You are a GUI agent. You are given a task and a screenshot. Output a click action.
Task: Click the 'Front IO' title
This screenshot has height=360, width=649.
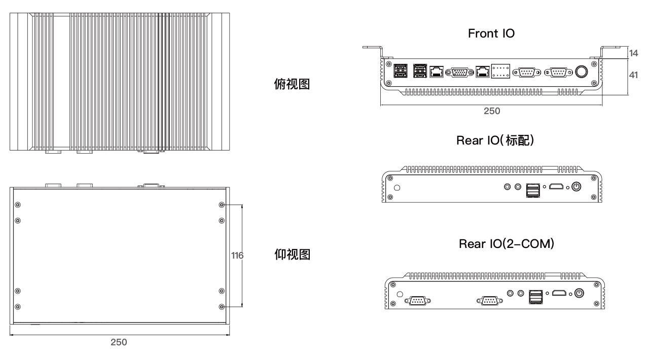point(491,34)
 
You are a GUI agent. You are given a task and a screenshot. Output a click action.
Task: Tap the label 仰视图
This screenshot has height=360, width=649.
point(292,254)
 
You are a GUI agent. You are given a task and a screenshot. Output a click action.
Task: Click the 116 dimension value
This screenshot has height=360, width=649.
point(237,256)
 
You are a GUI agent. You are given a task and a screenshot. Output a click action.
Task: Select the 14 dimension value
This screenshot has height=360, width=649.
point(633,53)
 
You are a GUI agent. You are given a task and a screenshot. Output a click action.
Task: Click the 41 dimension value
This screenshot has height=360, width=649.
point(633,75)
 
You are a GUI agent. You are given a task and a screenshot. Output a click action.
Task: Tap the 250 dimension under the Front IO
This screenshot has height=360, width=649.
point(491,112)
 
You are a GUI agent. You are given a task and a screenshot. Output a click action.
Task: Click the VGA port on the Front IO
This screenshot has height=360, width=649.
point(459,73)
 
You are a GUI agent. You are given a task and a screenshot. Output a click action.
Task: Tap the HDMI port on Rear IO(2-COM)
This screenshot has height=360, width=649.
point(559,293)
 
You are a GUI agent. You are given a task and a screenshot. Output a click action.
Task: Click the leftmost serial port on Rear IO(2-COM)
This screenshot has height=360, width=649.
point(418,301)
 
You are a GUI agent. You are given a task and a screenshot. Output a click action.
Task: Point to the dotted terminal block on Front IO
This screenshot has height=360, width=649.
point(499,71)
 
